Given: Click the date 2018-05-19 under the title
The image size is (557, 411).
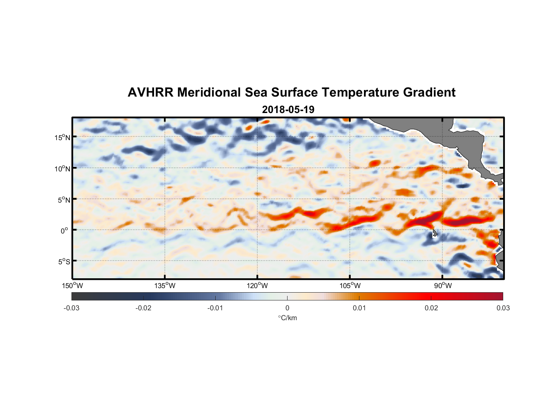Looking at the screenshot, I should pyautogui.click(x=288, y=110).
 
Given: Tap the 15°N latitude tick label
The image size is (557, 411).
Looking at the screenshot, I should pyautogui.click(x=62, y=137).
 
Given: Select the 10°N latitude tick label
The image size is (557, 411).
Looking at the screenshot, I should pyautogui.click(x=62, y=169).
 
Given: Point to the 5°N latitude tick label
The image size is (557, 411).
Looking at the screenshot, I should pyautogui.click(x=64, y=200).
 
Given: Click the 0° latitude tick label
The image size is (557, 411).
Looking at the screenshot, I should pyautogui.click(x=64, y=231).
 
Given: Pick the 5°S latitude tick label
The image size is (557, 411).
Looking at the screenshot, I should pyautogui.click(x=64, y=262).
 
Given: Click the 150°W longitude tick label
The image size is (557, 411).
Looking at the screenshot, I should pyautogui.click(x=73, y=286).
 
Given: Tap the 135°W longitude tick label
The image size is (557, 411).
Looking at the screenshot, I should pyautogui.click(x=165, y=286).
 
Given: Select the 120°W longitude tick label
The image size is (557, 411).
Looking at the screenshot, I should pyautogui.click(x=258, y=286).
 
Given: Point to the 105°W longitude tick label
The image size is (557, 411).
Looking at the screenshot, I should pyautogui.click(x=350, y=286).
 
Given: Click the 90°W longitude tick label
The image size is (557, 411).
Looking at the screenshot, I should pyautogui.click(x=443, y=286).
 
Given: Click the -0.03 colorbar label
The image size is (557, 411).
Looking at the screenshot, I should pyautogui.click(x=71, y=308).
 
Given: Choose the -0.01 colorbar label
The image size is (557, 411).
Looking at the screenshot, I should pyautogui.click(x=215, y=308).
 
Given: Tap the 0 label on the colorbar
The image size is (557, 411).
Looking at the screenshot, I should pyautogui.click(x=287, y=308).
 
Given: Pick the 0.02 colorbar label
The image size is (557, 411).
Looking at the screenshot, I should pyautogui.click(x=431, y=308).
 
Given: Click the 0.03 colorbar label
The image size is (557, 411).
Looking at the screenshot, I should pyautogui.click(x=503, y=308).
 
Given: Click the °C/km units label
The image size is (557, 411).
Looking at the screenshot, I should pyautogui.click(x=287, y=318).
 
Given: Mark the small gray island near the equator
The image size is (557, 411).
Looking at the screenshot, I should pyautogui.click(x=434, y=233).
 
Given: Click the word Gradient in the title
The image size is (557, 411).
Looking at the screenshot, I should pyautogui.click(x=429, y=92).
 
